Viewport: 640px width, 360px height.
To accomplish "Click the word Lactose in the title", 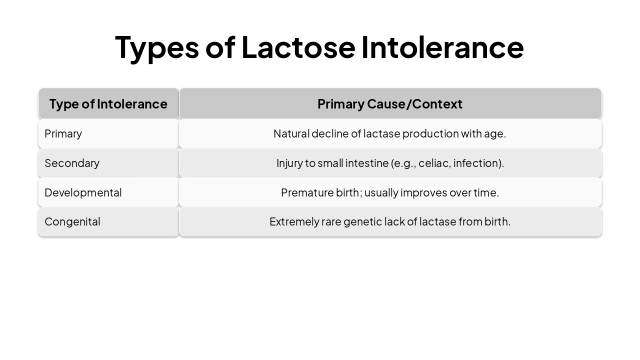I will click(x=298, y=47).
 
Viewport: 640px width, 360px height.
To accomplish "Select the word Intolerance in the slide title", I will click(x=442, y=47).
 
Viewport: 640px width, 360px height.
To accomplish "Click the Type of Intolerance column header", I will click(x=108, y=104).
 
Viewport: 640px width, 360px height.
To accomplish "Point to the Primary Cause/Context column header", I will click(x=390, y=104).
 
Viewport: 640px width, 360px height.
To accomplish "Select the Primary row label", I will click(x=63, y=133).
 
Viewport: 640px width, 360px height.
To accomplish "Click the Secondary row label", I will click(x=72, y=163).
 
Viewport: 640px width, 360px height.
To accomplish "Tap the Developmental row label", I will click(x=83, y=192).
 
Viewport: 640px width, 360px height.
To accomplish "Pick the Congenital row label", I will click(x=72, y=221).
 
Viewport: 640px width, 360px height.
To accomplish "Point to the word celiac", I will click(x=434, y=163).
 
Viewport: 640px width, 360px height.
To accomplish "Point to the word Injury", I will click(x=289, y=163).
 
